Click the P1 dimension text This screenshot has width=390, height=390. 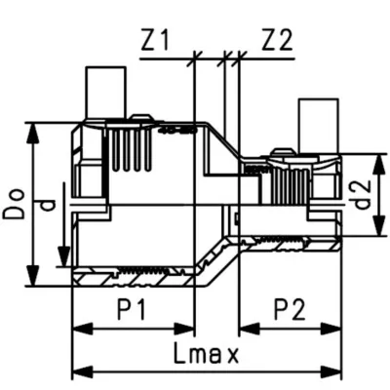134,310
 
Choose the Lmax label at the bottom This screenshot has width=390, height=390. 205,352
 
